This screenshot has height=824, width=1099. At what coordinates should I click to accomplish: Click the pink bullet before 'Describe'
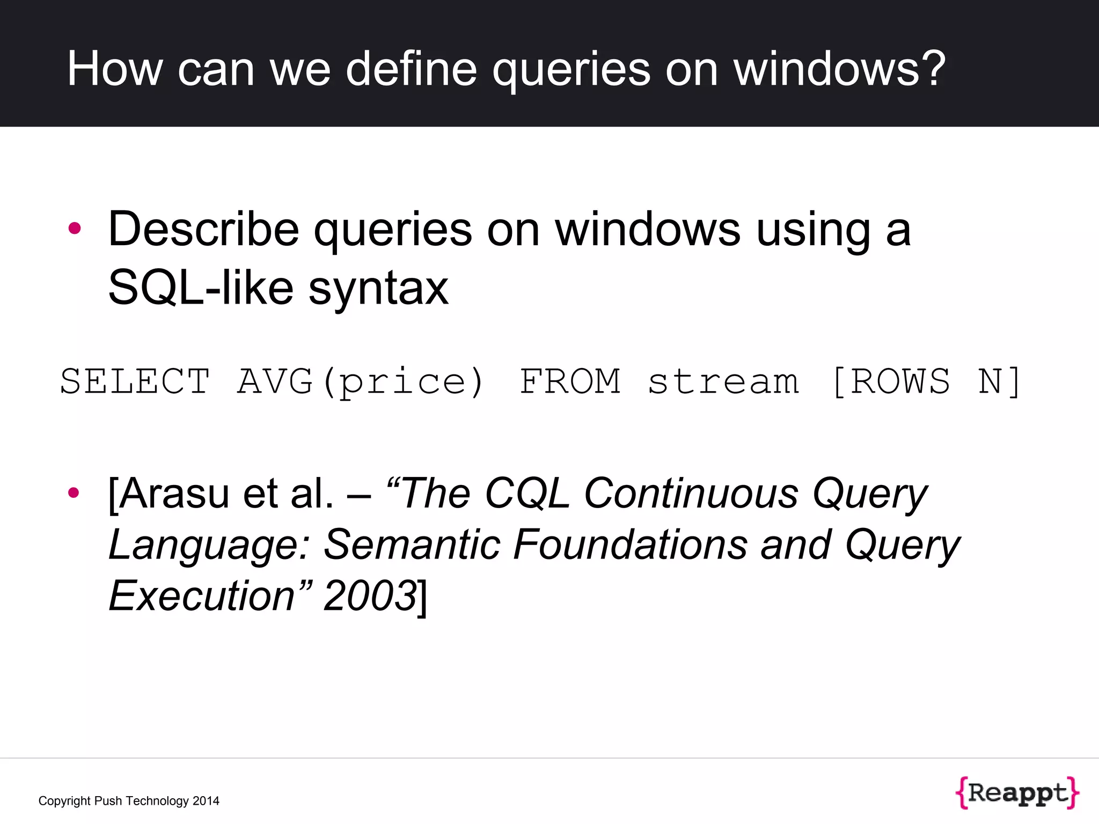tap(75, 229)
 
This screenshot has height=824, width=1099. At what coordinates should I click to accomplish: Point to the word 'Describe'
tap(203, 230)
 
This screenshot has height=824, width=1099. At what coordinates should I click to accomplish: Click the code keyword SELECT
tap(135, 382)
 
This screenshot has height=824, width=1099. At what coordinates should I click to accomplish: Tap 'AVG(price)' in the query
tap(361, 382)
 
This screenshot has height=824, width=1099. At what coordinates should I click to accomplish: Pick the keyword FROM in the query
tap(570, 382)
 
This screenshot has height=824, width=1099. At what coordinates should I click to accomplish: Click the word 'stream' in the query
tap(723, 382)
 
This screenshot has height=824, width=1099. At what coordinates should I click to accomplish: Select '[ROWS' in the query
tap(891, 382)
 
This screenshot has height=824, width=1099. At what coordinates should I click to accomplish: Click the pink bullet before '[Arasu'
tap(74, 492)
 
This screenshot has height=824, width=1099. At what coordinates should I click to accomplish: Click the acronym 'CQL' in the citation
tap(527, 494)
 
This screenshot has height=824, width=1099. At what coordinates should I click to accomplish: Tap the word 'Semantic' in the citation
tap(412, 545)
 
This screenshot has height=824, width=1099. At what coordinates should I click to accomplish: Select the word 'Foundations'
tap(630, 545)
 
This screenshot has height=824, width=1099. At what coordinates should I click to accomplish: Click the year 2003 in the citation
tap(370, 595)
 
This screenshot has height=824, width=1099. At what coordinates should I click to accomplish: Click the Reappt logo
tap(1017, 792)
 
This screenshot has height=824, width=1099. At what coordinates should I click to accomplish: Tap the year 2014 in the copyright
tap(206, 801)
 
